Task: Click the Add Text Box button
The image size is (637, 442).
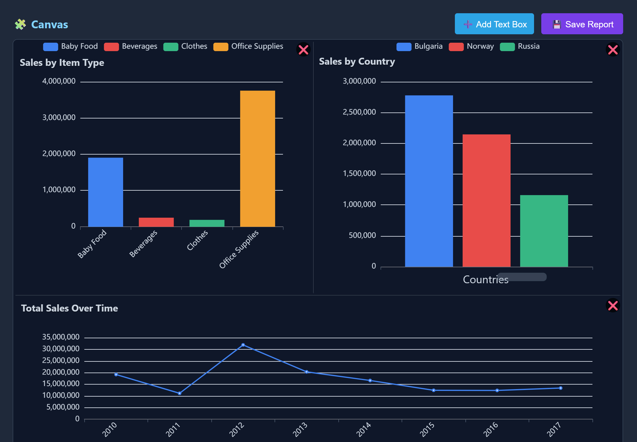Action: tap(494, 24)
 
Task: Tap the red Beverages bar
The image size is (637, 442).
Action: tap(156, 222)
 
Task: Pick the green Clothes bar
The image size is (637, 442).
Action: tap(207, 223)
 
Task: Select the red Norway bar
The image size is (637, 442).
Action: tap(486, 201)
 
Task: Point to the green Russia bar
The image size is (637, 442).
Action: tap(544, 231)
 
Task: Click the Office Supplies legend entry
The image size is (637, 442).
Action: tap(248, 46)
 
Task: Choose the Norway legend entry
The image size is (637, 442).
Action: tap(471, 46)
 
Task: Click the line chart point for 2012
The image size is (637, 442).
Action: tap(243, 345)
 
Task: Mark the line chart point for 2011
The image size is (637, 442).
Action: tap(179, 393)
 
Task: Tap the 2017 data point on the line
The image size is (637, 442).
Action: tap(561, 388)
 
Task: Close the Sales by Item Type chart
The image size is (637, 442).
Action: tap(303, 50)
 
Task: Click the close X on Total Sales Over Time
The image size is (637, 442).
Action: tap(613, 305)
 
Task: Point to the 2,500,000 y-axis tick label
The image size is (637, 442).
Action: tap(359, 112)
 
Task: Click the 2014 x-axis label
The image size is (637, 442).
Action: tap(364, 429)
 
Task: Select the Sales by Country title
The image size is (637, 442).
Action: tap(357, 61)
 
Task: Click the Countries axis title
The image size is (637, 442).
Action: tap(485, 280)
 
